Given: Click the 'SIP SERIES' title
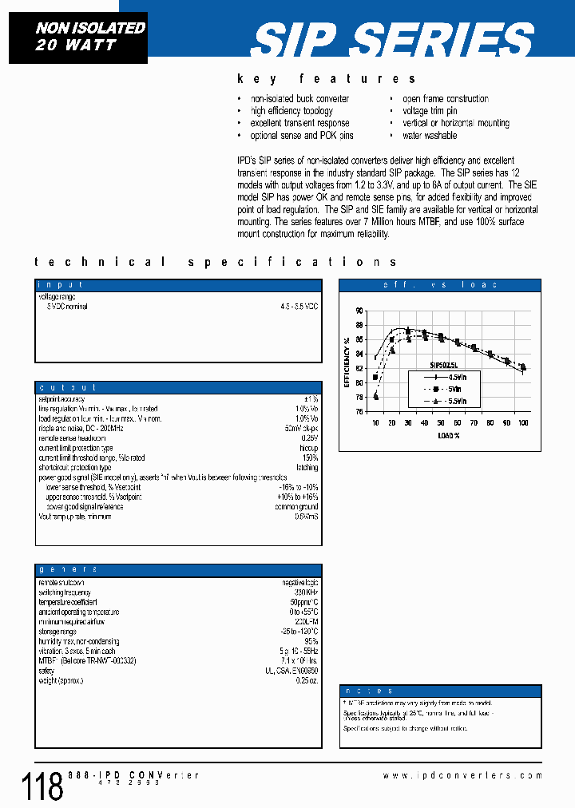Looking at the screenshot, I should [394, 38].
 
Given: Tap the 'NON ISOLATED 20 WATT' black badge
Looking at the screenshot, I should [78, 37].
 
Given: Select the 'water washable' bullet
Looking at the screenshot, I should [430, 136].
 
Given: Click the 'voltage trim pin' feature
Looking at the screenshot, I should [430, 111].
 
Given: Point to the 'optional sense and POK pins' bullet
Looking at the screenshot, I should [301, 136].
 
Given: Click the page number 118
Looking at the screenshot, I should [40, 786].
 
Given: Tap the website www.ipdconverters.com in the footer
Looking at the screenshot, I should [462, 775].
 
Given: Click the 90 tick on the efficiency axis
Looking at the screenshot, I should [359, 311].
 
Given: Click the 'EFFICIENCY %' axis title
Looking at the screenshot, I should [347, 361].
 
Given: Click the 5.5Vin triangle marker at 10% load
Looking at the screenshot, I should [375, 396].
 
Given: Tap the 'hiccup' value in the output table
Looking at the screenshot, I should [308, 448].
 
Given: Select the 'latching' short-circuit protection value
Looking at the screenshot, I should [307, 468].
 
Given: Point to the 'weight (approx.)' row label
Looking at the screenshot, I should [61, 679].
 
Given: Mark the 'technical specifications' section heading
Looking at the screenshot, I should [216, 262].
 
